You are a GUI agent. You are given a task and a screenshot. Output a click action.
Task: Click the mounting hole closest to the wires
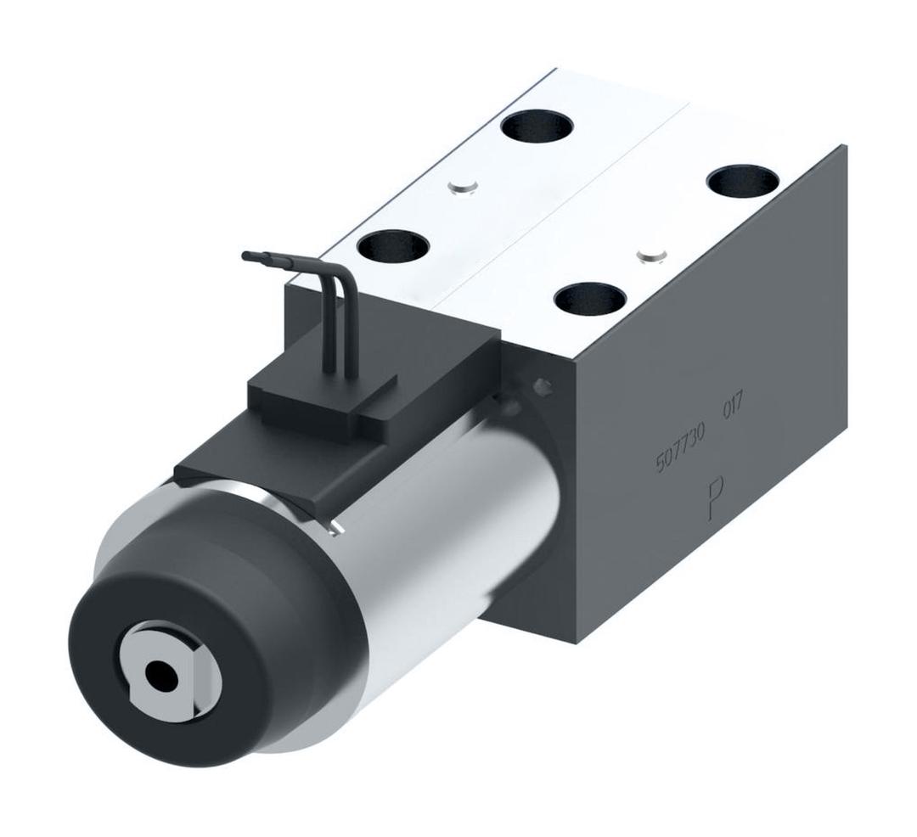(x=393, y=247)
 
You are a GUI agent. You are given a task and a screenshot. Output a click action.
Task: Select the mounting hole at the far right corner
(x=743, y=181)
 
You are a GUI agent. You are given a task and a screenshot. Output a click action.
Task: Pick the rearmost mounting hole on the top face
(x=537, y=127)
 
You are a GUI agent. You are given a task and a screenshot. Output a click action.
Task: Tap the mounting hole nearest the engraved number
(x=590, y=299)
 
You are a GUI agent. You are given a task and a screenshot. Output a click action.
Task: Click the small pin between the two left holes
(x=464, y=187)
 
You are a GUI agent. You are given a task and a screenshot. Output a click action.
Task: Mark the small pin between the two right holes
(x=651, y=253)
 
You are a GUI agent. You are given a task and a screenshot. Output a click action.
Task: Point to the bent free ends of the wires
(x=263, y=256)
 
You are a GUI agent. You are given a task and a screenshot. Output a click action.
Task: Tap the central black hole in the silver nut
(x=160, y=676)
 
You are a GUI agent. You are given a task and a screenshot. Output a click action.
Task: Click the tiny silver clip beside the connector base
(x=336, y=531)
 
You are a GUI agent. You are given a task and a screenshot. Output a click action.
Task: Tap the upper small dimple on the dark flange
(x=542, y=386)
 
